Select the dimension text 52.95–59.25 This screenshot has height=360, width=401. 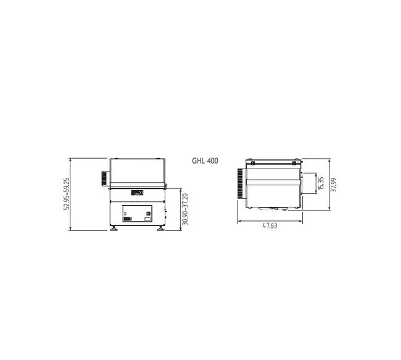[x=67, y=194]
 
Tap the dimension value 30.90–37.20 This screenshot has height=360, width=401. [x=186, y=209]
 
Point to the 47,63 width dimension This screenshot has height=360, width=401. [x=269, y=226]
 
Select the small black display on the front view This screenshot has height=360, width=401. [x=137, y=191]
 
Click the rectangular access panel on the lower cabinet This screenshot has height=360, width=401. [x=137, y=214]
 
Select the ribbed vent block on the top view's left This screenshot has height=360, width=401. [x=239, y=184]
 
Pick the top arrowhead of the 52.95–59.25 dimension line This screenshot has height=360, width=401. [x=73, y=159]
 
